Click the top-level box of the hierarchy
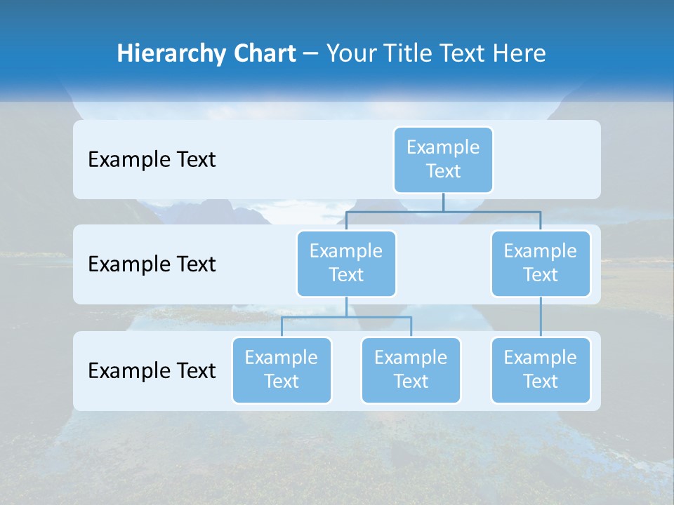[443, 160]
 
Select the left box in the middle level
[346, 264]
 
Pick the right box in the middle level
[541, 264]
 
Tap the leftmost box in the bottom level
[282, 370]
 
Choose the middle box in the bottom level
[411, 370]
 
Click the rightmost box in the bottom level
[541, 370]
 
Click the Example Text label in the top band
[152, 160]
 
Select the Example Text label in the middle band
[152, 264]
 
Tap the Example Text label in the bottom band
[152, 370]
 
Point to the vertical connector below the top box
[443, 202]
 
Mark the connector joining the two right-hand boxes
[541, 317]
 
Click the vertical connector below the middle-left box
[346, 307]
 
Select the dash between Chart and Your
[311, 54]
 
